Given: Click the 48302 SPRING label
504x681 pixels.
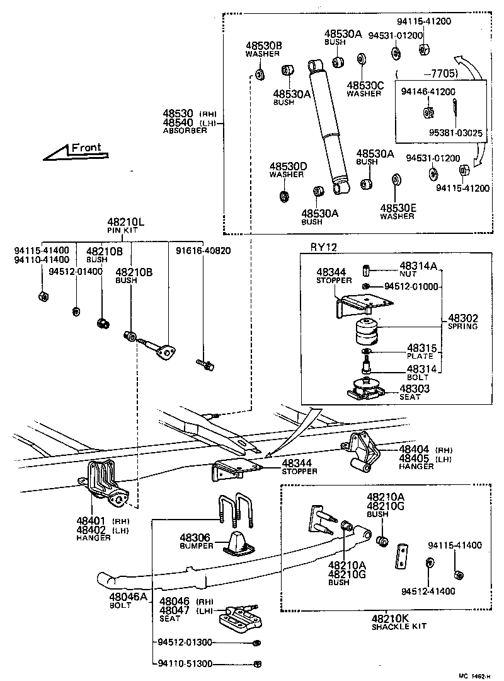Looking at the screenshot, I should pyautogui.click(x=462, y=322).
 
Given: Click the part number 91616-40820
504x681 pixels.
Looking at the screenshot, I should pyautogui.click(x=203, y=250).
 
